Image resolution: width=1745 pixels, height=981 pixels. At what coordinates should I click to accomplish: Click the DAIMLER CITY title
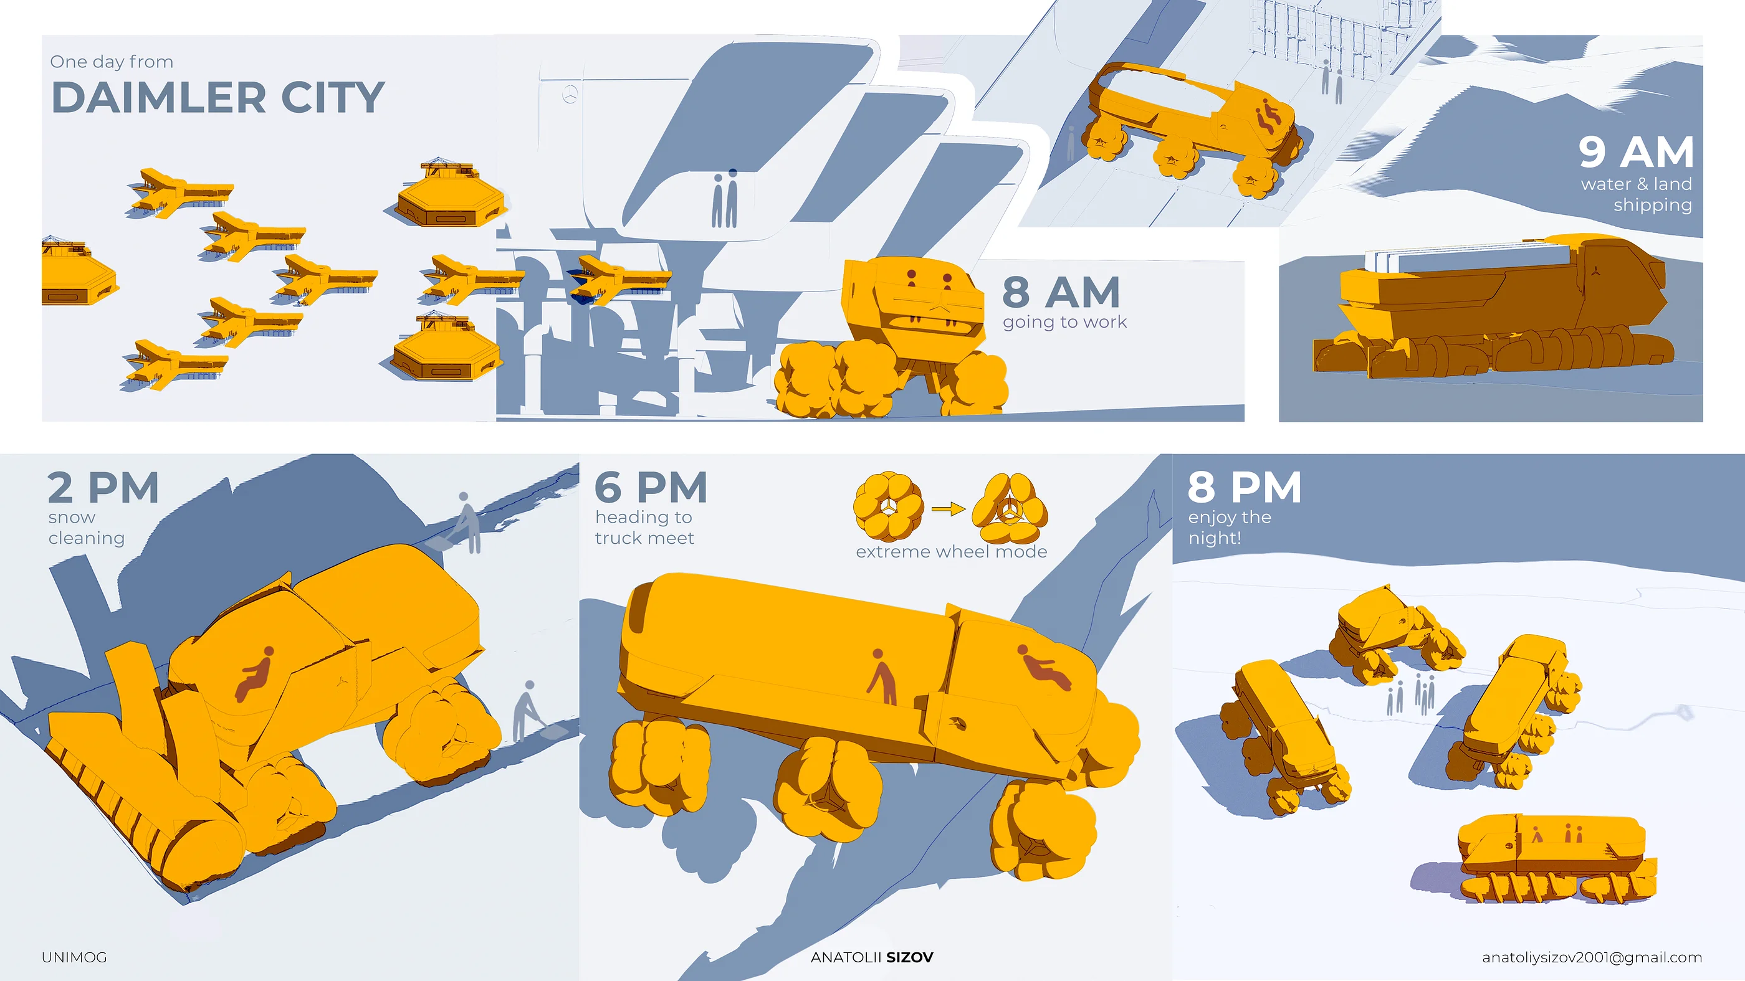coord(218,98)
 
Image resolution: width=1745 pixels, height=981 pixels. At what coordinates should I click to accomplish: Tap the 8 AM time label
coord(1061,293)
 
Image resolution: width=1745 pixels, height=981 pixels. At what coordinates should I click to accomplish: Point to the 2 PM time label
coord(103,488)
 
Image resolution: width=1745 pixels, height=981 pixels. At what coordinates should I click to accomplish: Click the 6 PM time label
coord(651,488)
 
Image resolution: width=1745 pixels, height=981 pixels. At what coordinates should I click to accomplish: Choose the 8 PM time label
coord(1245,488)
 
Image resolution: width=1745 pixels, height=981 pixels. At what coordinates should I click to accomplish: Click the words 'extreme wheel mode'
coord(951,552)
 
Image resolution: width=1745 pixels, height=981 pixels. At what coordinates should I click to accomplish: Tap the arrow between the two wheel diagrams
coord(949,509)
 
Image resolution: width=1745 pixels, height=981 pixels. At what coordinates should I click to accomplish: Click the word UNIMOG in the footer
coord(75,957)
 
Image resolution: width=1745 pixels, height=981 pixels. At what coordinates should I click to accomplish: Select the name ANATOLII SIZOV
coord(872,957)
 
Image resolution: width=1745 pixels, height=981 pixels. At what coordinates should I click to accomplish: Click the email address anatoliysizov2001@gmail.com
coord(1592,957)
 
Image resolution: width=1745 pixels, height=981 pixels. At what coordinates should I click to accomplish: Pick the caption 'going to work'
coord(1065,322)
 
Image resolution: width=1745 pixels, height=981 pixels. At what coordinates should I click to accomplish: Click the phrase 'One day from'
coord(112,62)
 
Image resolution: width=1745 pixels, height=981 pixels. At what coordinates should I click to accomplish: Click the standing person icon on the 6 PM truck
coord(882,676)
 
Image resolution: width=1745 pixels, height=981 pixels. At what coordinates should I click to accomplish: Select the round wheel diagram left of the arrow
coord(889,507)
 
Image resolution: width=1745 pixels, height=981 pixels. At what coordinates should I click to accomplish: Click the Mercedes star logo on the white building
coord(570,95)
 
